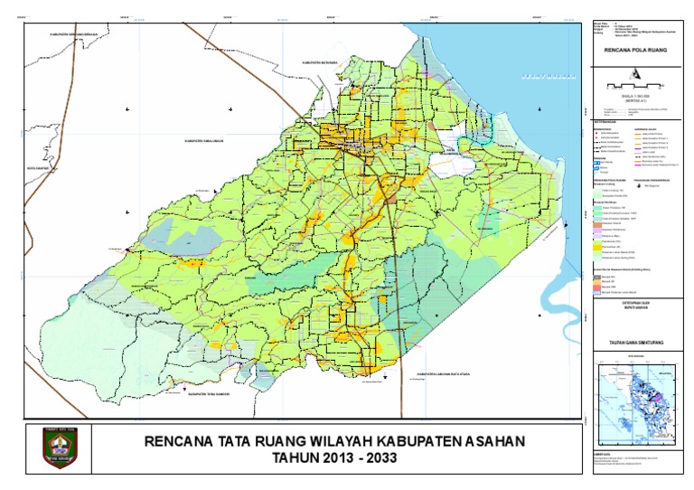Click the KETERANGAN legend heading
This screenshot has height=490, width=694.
[606, 119]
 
